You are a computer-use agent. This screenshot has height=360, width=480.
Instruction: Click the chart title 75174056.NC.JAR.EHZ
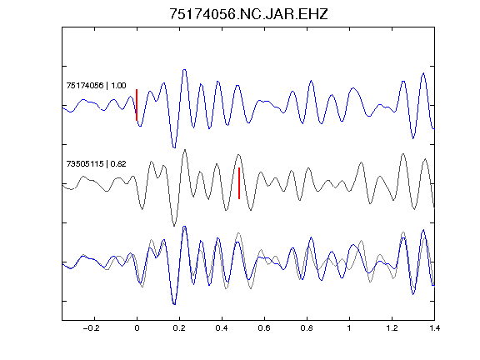coord(248,14)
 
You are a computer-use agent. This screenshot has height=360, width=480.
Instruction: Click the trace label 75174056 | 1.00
coord(96,85)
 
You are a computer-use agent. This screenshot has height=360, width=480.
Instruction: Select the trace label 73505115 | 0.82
coord(96,164)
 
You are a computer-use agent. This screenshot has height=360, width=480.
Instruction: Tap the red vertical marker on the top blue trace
coord(137,105)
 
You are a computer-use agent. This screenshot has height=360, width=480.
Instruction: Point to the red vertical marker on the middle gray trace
coord(239,183)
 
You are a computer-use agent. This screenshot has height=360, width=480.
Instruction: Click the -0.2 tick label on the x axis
coord(92,328)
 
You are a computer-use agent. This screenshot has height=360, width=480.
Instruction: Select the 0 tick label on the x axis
coord(137,328)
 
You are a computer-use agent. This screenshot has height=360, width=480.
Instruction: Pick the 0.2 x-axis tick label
coord(179,328)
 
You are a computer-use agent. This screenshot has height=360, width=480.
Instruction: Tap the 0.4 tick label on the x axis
coord(222,328)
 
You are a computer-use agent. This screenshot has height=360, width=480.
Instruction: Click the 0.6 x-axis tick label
coord(264,328)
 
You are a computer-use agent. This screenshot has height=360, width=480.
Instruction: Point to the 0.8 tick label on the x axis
coord(307,328)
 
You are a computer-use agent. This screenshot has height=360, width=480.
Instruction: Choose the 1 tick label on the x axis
coord(349,328)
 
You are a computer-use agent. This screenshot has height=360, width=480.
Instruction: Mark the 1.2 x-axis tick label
coord(392,328)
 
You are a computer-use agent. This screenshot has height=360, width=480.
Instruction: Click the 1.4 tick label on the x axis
coord(434,328)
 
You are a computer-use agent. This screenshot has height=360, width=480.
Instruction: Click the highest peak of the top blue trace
coord(184,70)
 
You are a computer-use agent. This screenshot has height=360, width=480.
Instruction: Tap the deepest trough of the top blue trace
coord(174,147)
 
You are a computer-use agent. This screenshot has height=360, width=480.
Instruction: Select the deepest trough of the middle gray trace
coord(174,226)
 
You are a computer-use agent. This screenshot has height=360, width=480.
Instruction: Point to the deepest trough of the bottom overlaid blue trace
coord(174,304)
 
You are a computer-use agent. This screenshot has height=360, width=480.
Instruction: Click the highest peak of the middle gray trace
coord(185,150)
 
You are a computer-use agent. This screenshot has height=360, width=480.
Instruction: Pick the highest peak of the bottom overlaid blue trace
coord(184,227)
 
